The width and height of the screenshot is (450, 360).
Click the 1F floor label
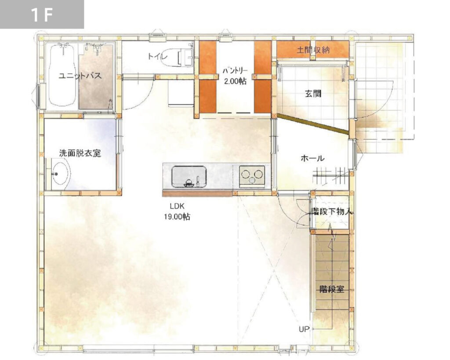point(42,15)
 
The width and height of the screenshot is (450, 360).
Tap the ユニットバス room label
point(80,76)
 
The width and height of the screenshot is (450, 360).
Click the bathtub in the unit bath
point(62,75)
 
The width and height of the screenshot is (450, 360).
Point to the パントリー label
point(235,71)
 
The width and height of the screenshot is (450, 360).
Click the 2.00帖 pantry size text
point(235,81)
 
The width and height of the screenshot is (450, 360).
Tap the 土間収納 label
point(313,50)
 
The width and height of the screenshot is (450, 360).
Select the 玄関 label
point(313,94)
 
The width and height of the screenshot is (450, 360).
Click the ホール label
point(312,158)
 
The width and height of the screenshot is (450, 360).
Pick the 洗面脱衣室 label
point(80,153)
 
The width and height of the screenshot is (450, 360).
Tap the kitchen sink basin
point(189,177)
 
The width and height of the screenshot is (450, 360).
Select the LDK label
point(177,206)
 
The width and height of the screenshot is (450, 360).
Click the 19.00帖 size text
point(177,217)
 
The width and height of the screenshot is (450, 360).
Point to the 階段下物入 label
point(332,212)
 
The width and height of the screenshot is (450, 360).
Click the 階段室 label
point(332,289)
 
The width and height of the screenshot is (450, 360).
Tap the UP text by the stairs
point(304,329)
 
